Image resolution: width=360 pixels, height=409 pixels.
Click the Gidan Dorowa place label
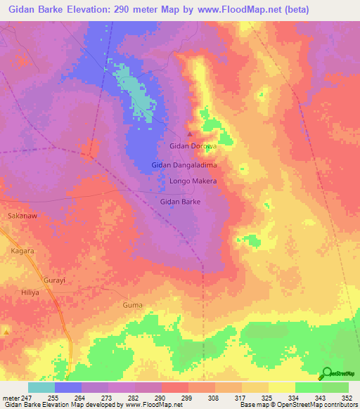(x=191, y=147)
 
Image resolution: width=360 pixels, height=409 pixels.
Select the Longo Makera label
(x=193, y=181)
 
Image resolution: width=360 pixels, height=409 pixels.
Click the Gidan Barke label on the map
(x=181, y=202)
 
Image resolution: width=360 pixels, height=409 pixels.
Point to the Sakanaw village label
(x=22, y=216)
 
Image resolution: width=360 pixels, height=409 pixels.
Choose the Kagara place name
(x=22, y=250)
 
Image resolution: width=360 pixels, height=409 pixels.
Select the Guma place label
(x=132, y=305)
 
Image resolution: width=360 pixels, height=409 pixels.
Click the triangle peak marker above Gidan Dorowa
(x=188, y=134)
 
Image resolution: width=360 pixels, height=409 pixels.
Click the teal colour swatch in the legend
(x=41, y=387)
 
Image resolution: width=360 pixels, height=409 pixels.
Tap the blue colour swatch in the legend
(x=68, y=387)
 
